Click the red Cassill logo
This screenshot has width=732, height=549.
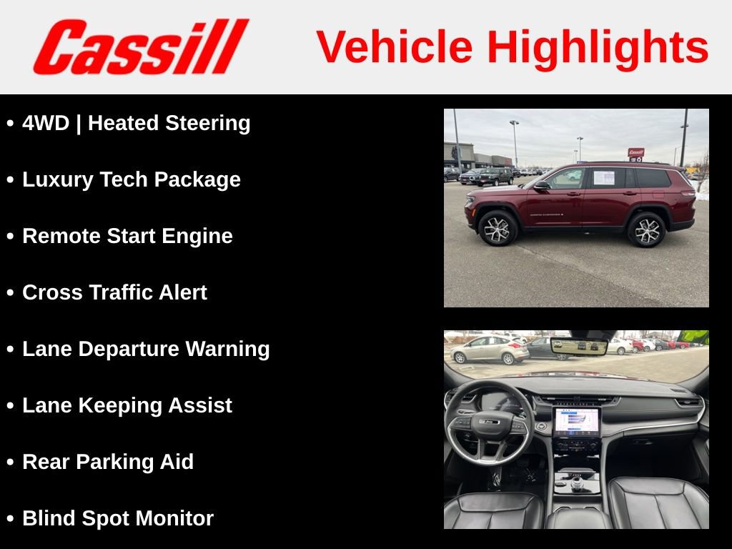141,47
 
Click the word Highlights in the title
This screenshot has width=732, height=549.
597,47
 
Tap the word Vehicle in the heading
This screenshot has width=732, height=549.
395,47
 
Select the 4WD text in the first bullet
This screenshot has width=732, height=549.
46,123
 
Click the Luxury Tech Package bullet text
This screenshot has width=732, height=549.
132,179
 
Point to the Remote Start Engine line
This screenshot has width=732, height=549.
127,236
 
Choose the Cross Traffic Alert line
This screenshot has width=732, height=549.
114,292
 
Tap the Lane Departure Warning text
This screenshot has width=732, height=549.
146,349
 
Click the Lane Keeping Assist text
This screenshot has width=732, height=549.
127,405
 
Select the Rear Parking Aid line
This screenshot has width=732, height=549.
108,462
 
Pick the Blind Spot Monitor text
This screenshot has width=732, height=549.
118,518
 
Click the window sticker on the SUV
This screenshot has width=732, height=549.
603,178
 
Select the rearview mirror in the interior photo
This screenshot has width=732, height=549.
579,347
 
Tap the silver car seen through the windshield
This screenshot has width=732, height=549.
490,350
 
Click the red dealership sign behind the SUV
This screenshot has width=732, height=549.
635,152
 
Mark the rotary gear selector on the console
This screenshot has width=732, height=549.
576,484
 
